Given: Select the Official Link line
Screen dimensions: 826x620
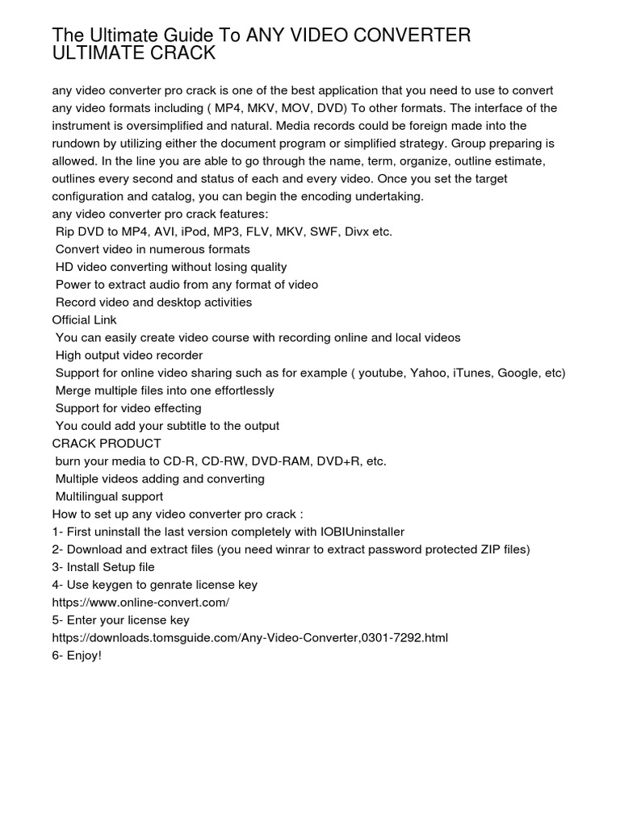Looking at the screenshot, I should [x=85, y=320].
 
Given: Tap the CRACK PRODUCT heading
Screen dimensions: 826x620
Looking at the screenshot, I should [x=107, y=444].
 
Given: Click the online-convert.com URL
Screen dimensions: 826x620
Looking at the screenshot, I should [x=141, y=603].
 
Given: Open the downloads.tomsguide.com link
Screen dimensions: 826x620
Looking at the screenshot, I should [x=250, y=637].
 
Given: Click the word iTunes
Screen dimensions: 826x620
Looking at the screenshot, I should [x=471, y=373].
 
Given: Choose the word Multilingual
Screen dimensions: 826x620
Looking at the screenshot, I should [x=89, y=496].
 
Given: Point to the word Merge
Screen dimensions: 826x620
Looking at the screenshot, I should [x=72, y=390].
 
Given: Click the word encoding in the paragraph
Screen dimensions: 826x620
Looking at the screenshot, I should [x=327, y=196].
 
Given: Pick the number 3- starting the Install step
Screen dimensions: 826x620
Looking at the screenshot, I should [x=58, y=567].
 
